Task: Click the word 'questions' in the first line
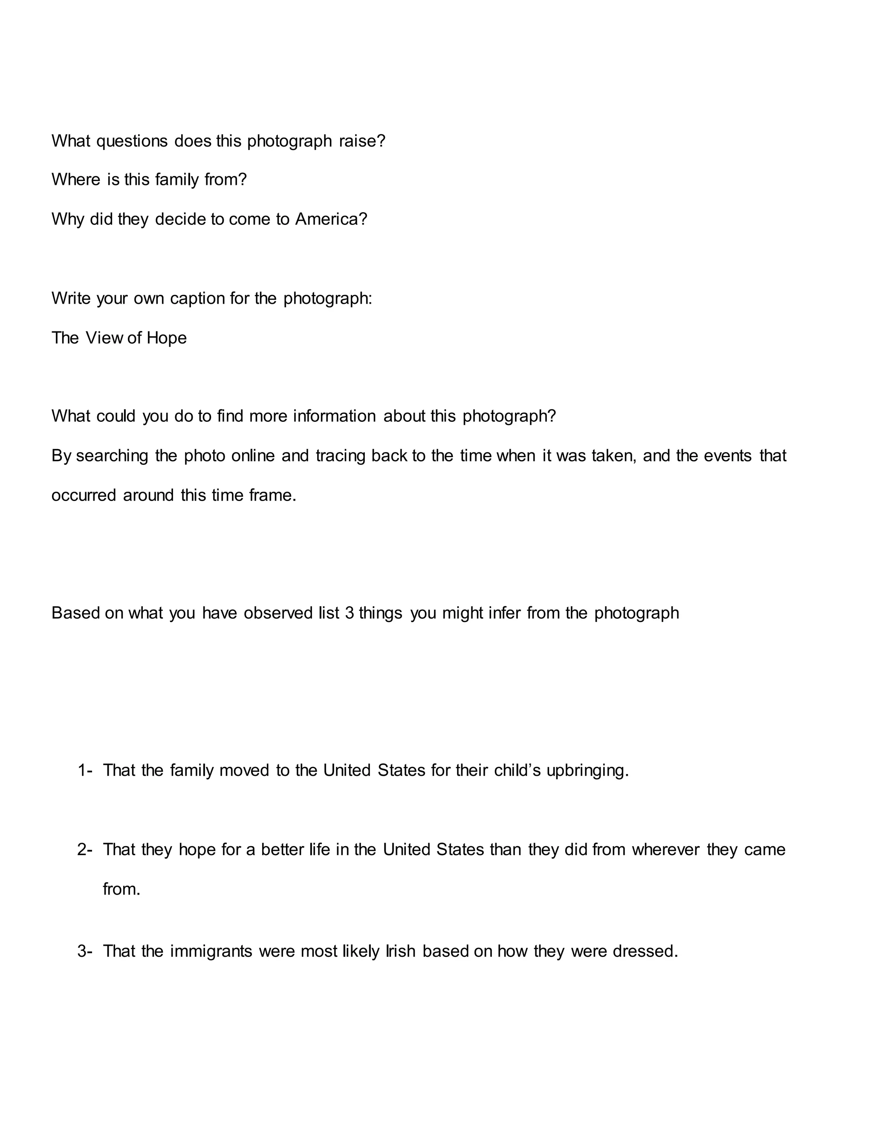(x=132, y=141)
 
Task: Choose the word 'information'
(x=334, y=416)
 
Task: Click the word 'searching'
(x=112, y=455)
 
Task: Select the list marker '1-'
(x=85, y=770)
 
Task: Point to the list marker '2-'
(x=85, y=850)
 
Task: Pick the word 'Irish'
(x=401, y=951)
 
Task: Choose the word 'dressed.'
(x=645, y=951)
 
